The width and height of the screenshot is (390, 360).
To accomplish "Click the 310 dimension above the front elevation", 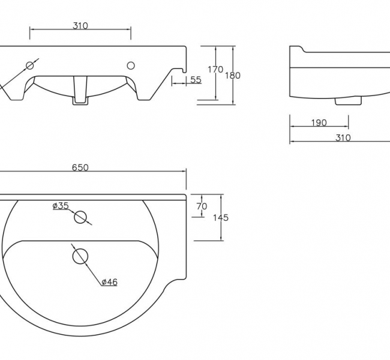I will pyautogui.click(x=80, y=25).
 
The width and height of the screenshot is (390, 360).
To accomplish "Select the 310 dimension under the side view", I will pyautogui.click(x=343, y=137).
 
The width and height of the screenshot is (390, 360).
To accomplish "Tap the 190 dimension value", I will pyautogui.click(x=319, y=123).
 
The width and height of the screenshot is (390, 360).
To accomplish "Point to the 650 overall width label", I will pyautogui.click(x=80, y=167).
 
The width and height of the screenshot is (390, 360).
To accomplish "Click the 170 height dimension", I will pyautogui.click(x=215, y=70).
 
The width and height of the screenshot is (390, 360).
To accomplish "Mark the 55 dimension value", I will pyautogui.click(x=196, y=80).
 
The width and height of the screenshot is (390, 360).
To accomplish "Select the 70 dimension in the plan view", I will pyautogui.click(x=202, y=206).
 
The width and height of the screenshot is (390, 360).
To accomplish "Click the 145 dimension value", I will pyautogui.click(x=221, y=218).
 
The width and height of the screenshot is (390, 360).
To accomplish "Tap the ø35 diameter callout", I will pyautogui.click(x=61, y=206).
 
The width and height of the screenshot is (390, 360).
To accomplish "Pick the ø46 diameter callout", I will pyautogui.click(x=109, y=281).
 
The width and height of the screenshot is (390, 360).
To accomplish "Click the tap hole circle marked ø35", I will pyautogui.click(x=80, y=217).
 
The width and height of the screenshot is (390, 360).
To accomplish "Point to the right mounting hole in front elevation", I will pyautogui.click(x=131, y=65).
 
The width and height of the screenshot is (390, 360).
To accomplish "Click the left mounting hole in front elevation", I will pyautogui.click(x=29, y=65).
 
